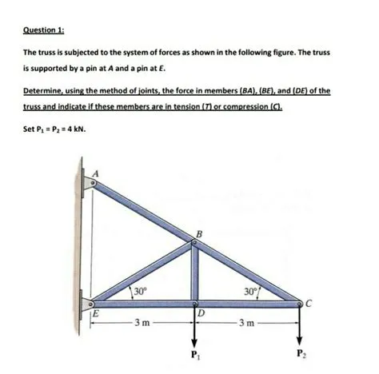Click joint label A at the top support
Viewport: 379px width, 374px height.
point(99,173)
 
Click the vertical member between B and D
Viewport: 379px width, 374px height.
point(193,276)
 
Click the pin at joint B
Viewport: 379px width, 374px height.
point(193,246)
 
